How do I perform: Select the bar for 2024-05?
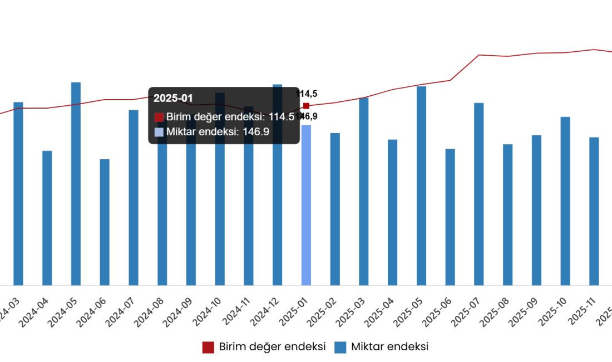(x=76, y=184)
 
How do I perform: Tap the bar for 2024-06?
(x=105, y=222)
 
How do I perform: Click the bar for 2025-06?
(x=450, y=217)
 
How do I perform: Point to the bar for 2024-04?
(x=47, y=218)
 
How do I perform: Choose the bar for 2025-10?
(x=565, y=201)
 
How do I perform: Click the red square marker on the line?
(x=306, y=105)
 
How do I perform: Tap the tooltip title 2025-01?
(x=173, y=99)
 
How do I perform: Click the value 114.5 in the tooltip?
(x=282, y=117)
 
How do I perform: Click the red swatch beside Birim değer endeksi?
(x=159, y=117)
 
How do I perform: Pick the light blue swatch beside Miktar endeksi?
(x=159, y=132)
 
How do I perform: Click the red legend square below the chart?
(x=208, y=348)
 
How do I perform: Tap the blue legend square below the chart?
(x=340, y=348)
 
